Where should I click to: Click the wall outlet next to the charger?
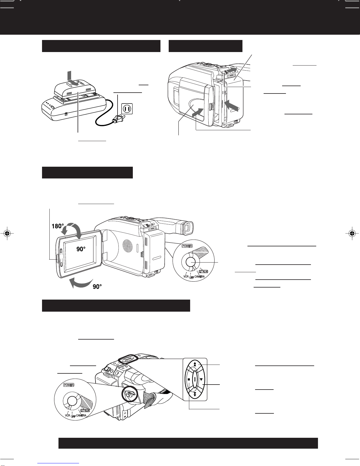(x=127, y=109)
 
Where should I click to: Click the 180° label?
(x=58, y=226)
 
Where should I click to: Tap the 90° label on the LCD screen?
(x=81, y=249)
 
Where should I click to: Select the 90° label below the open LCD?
(x=97, y=286)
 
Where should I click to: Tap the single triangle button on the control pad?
(x=201, y=379)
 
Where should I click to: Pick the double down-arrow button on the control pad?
(x=195, y=394)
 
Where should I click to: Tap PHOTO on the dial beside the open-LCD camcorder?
(x=203, y=271)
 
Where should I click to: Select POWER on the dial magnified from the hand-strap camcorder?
(x=69, y=385)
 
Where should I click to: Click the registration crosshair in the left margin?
(x=7, y=233)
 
